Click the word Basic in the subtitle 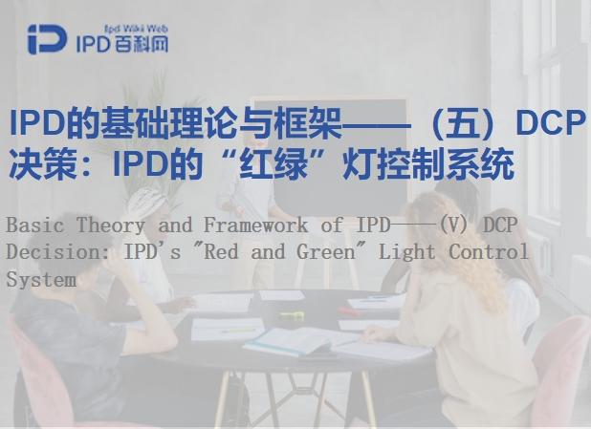tap(35, 225)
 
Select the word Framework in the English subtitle tap(256, 225)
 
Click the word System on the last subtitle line tap(40, 280)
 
